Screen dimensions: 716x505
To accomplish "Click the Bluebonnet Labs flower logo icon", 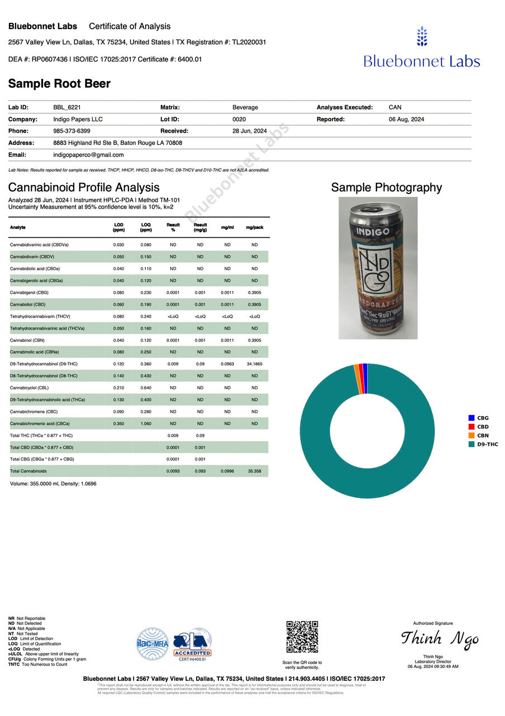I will click(422, 36).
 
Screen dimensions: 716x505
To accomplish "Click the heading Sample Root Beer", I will click(59, 84).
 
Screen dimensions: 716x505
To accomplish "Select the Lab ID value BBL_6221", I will click(67, 107).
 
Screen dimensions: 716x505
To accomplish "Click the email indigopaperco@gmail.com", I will click(88, 155).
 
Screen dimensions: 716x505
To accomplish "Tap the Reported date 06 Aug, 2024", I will click(406, 119).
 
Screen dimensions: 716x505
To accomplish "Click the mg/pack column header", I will click(254, 228).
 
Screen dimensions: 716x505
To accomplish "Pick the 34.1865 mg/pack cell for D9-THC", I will click(254, 364).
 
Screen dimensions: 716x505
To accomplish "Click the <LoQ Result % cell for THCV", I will click(173, 317).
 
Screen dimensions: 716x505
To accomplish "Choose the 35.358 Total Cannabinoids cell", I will click(254, 471).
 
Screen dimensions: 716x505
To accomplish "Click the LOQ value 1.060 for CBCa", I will click(146, 423).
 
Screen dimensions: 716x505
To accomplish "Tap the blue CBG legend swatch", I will click(471, 418).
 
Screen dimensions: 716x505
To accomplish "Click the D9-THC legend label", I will click(487, 444).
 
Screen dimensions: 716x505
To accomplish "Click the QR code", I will click(302, 637).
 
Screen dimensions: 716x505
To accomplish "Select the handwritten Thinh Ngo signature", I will click(440, 639).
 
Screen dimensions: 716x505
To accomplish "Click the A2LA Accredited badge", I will click(192, 643).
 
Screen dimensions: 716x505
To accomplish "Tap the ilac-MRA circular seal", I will click(153, 644).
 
